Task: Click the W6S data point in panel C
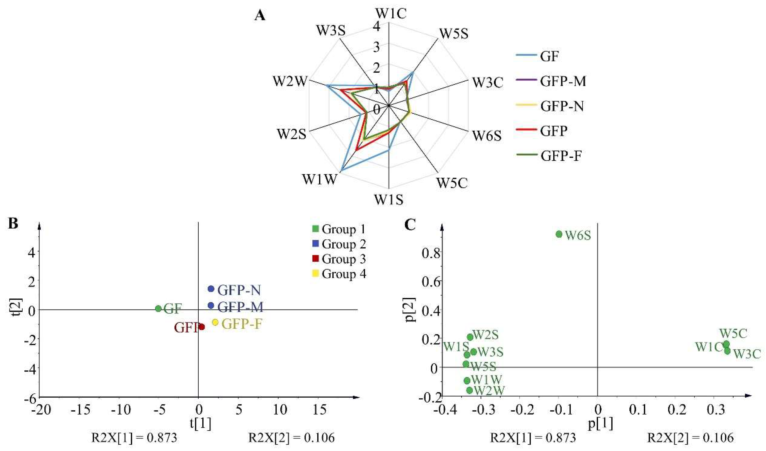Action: (x=559, y=234)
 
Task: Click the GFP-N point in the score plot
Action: (x=211, y=289)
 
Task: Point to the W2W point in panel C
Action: (x=470, y=390)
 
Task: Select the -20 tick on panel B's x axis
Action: (x=41, y=410)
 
